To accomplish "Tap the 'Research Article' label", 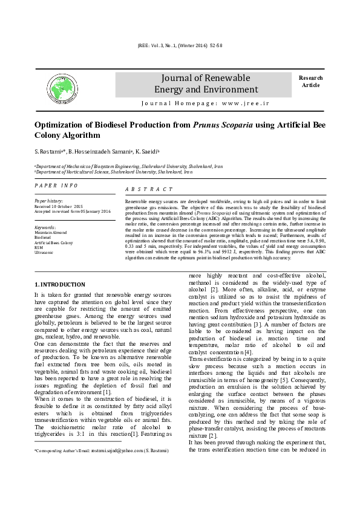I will coord(310,82).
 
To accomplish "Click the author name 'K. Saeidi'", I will coord(145,151).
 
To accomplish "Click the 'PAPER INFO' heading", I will coord(55,184).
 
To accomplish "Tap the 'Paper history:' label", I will coord(48,200).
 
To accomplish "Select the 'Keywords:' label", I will coord(45,227).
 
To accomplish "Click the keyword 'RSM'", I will coord(38,247).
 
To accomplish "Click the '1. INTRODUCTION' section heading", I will coord(60,284).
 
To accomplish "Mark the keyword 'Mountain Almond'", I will coord(50,232).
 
